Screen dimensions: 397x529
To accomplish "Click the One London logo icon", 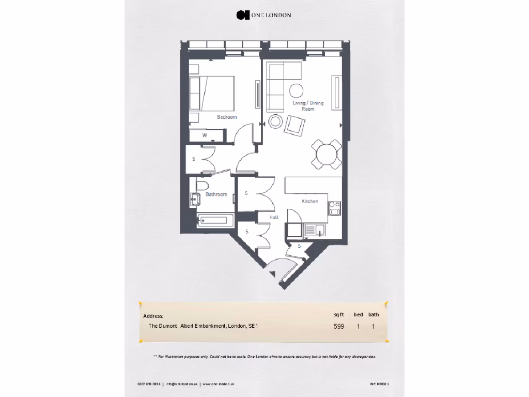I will (x=241, y=15).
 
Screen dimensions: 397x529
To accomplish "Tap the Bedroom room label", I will (x=227, y=117).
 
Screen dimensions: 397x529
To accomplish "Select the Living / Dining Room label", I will (x=308, y=106).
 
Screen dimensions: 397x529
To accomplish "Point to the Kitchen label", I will (x=310, y=201).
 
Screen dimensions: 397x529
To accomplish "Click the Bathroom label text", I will (x=216, y=194).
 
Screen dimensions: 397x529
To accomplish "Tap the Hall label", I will (x=274, y=218).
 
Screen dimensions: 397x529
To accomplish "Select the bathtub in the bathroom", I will (x=213, y=221).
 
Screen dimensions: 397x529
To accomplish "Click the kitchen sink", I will (x=314, y=230).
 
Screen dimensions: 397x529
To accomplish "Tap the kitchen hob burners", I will (x=335, y=207).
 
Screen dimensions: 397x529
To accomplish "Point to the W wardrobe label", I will (x=205, y=135).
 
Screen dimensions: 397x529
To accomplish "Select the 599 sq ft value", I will (x=338, y=326).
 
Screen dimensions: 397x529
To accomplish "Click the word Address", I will (x=153, y=316).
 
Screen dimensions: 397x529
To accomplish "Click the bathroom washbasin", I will (x=196, y=197).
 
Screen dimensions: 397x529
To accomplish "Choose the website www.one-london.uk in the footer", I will (x=219, y=384).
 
